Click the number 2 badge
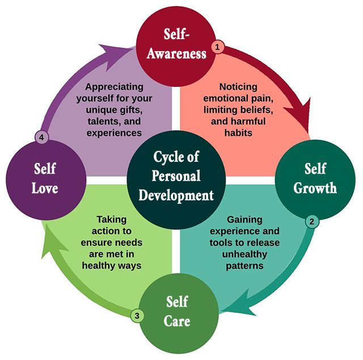tap(311, 221)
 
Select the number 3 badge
tap(136, 316)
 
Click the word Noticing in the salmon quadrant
tap(238, 87)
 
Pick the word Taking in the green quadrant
tap(112, 219)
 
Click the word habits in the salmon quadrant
tap(238, 132)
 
